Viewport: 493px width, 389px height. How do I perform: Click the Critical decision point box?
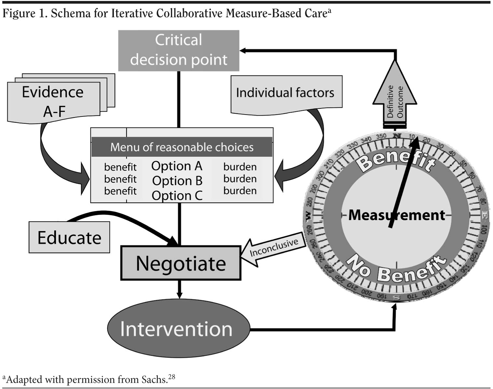[x=179, y=50]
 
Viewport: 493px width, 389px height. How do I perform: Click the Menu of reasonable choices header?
[x=182, y=147]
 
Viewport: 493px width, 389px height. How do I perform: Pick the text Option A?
[x=177, y=166]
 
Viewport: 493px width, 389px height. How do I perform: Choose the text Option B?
[x=177, y=181]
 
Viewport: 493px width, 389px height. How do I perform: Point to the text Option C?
[x=177, y=195]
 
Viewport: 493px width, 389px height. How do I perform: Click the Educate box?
[x=69, y=237]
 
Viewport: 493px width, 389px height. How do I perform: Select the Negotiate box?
[x=181, y=263]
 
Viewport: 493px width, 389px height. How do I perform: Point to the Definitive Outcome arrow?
[x=395, y=98]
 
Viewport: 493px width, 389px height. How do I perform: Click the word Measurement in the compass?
[x=396, y=215]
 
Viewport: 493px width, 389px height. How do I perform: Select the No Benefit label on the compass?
[x=396, y=269]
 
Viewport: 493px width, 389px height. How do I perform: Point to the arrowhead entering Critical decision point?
[x=243, y=50]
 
